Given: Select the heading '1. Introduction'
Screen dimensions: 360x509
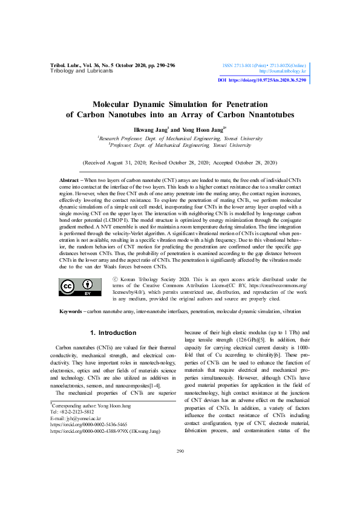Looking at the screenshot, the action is coord(113,333).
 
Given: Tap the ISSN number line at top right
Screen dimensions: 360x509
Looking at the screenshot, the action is coord(264,64).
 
